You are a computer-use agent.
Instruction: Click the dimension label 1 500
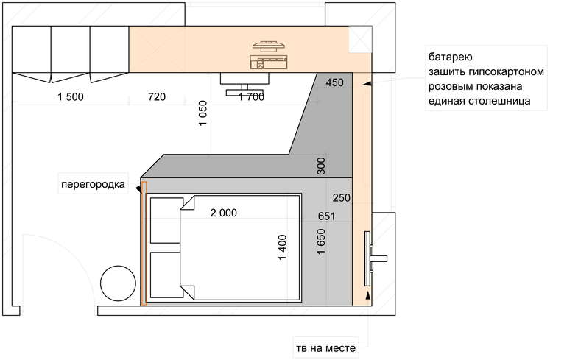[x=71, y=97]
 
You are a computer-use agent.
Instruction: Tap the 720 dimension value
[x=157, y=97]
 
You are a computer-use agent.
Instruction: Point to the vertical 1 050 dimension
[x=202, y=113]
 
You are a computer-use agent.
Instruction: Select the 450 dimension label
[x=334, y=82]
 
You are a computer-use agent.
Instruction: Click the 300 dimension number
[x=321, y=166]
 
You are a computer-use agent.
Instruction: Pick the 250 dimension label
[x=342, y=198]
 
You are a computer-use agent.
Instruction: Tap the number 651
[x=326, y=216]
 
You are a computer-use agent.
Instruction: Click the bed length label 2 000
[x=224, y=213]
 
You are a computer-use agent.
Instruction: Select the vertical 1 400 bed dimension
[x=283, y=247]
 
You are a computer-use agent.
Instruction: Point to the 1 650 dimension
[x=321, y=241]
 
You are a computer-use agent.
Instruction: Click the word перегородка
[x=93, y=184]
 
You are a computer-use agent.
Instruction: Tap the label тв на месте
[x=325, y=348]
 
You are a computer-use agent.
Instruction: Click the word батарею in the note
[x=450, y=57]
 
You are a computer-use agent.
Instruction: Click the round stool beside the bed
[x=118, y=283]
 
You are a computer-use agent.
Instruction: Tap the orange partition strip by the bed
[x=144, y=243]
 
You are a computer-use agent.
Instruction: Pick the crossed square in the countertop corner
[x=360, y=39]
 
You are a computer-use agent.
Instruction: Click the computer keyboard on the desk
[x=268, y=62]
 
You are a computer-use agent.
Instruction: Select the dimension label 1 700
[x=251, y=97]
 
